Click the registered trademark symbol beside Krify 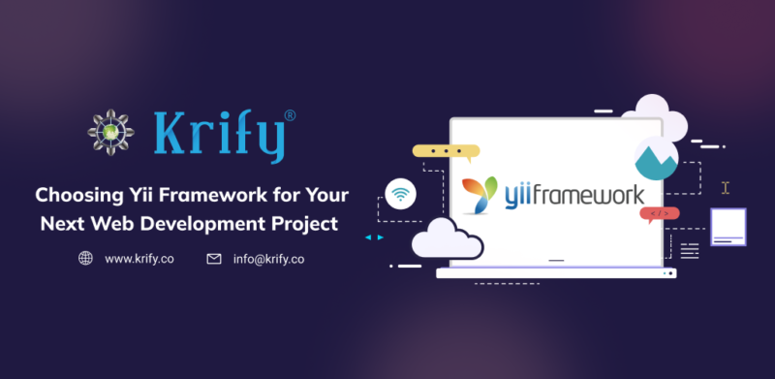(291, 114)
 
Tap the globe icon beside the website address (85, 259)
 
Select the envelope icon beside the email (213, 259)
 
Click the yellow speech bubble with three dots (445, 152)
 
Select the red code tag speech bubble (659, 213)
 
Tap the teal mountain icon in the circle (655, 158)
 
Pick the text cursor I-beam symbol (726, 187)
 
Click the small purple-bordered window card (728, 227)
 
